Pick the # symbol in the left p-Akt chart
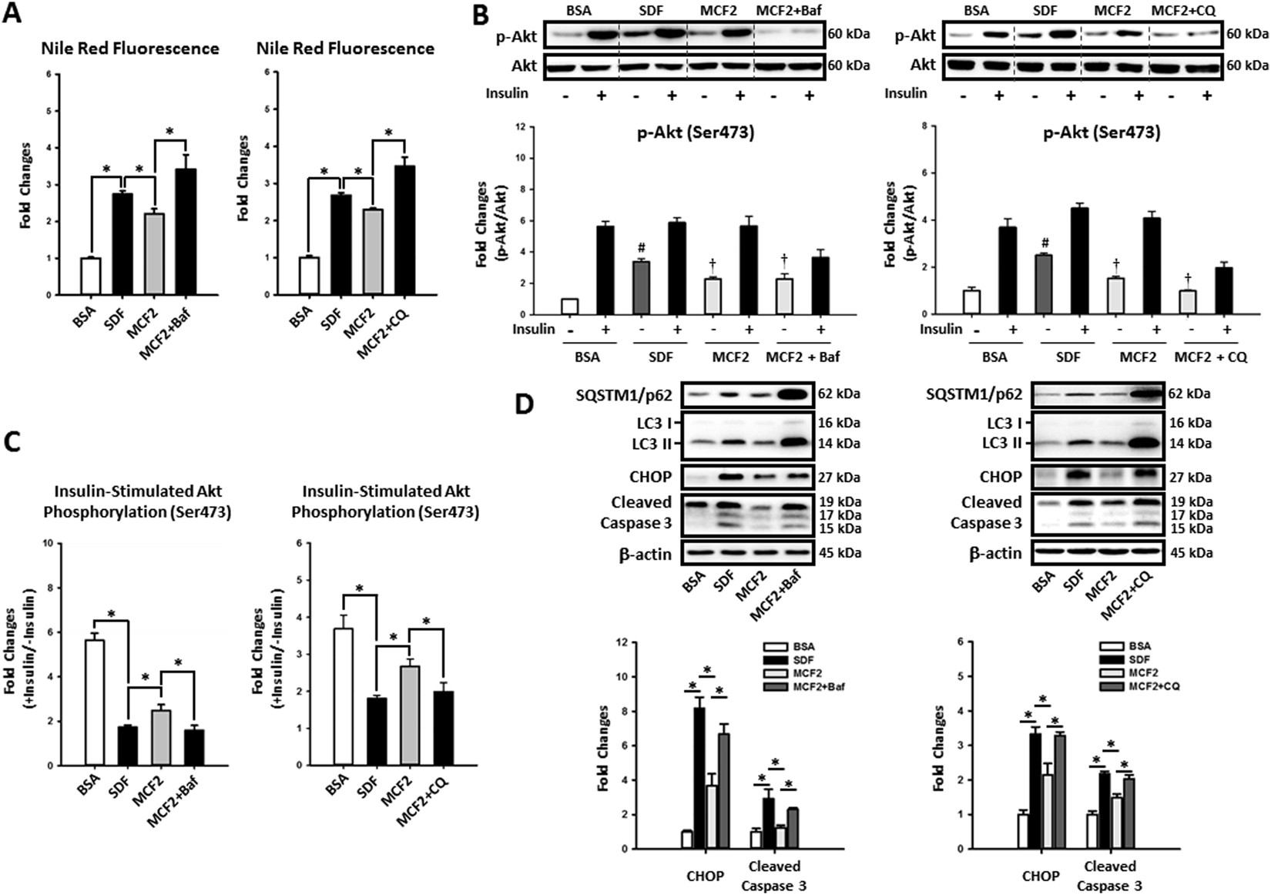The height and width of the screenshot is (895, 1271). [x=640, y=248]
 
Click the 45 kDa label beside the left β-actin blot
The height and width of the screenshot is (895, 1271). [x=840, y=552]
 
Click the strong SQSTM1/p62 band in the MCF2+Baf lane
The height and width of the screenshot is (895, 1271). [x=791, y=394]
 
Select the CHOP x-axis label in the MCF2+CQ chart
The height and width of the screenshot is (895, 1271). [x=1040, y=876]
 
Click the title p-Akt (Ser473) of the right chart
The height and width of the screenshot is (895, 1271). [x=1102, y=132]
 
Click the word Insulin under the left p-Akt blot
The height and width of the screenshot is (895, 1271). [x=506, y=93]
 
